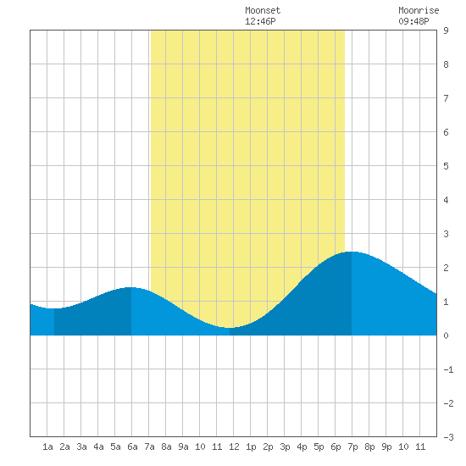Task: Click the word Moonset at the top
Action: tap(263, 10)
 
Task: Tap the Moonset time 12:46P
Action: tap(260, 21)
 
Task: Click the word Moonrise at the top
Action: tap(419, 10)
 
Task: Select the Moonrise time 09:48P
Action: tap(413, 21)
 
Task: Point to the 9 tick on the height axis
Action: tap(446, 31)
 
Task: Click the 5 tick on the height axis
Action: tap(446, 166)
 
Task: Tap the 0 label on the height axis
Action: tap(446, 336)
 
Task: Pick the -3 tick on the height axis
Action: tap(448, 437)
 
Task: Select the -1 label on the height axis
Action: tap(448, 369)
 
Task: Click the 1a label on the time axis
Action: tap(47, 447)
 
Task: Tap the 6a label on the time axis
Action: tap(132, 447)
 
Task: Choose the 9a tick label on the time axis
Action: tap(183, 447)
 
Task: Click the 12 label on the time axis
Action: tap(234, 447)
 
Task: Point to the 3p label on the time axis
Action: tap(285, 447)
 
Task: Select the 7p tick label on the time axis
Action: tap(352, 447)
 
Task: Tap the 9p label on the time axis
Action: tap(386, 447)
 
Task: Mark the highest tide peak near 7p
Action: tap(352, 252)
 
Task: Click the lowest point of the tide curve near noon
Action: tap(230, 328)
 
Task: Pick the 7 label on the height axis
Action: tap(446, 98)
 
